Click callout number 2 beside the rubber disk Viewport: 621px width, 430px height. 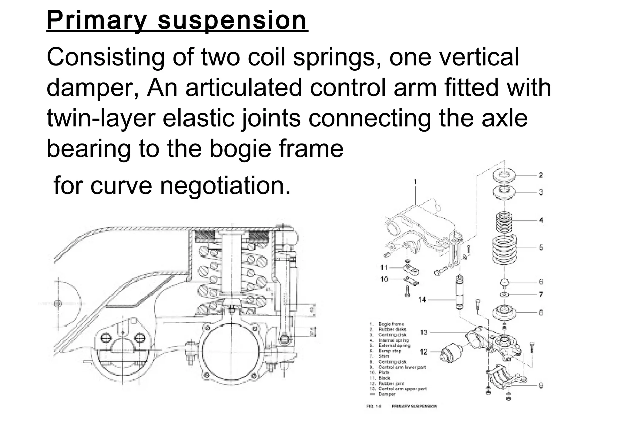(540, 175)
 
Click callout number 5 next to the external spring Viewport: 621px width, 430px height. (541, 247)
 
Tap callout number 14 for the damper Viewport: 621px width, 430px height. (422, 300)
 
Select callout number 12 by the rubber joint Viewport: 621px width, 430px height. (424, 352)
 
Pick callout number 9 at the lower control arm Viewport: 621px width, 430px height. (541, 385)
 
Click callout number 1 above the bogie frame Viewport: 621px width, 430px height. (415, 182)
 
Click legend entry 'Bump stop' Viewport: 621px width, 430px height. (390, 351)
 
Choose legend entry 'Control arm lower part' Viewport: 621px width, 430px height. (402, 367)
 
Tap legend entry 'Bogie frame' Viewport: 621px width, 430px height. (391, 324)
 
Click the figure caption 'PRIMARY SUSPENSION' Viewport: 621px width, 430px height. (414, 406)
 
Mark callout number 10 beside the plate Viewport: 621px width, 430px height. (384, 279)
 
